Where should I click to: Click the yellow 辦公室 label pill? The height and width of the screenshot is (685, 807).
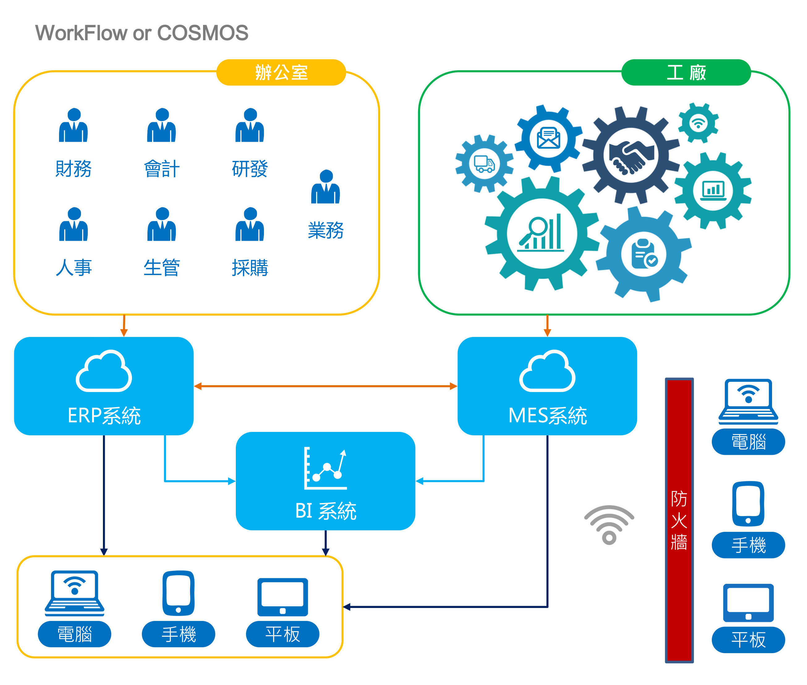pos(281,73)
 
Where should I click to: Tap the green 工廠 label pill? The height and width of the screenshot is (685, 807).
pos(686,73)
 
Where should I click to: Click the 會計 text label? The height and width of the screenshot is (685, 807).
pos(161,169)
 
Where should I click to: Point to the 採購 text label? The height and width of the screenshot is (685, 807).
pos(250,268)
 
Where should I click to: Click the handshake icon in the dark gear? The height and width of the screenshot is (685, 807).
pos(631,156)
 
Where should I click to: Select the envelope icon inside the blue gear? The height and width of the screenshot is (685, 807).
pos(548,139)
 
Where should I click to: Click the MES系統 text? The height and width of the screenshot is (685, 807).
pos(547,416)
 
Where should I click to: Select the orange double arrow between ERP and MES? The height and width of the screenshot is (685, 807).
pos(325,386)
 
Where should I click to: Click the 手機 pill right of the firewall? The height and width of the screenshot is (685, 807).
pos(748,545)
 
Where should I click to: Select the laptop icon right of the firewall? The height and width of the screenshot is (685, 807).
pos(748,402)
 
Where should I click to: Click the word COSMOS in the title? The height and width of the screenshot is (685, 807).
pos(202,33)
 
